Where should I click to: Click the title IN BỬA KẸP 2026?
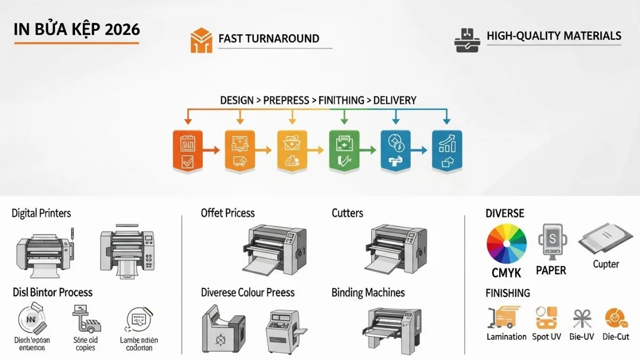tap(77, 29)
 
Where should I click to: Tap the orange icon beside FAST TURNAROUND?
tap(201, 41)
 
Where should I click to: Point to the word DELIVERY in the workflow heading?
tap(395, 100)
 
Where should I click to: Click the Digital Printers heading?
tap(41, 213)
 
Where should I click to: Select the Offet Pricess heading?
tap(228, 213)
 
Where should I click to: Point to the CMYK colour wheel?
tap(507, 244)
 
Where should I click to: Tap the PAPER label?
tap(551, 270)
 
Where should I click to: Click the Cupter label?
tap(606, 264)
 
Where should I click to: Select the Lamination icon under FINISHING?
tap(504, 317)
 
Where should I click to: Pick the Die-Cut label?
tap(616, 337)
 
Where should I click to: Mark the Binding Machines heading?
tap(368, 293)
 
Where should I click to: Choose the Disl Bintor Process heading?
tap(52, 293)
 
